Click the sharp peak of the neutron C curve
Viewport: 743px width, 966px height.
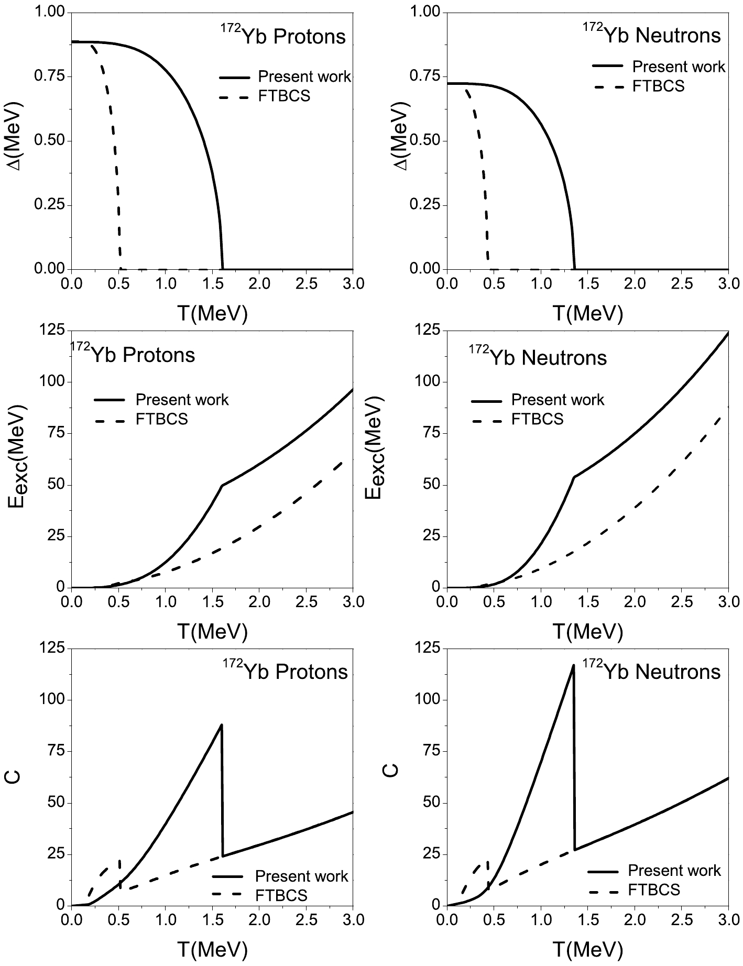573,665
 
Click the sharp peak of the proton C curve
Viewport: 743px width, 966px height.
222,725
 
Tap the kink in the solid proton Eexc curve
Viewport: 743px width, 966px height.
222,486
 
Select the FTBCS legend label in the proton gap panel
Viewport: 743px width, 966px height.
284,96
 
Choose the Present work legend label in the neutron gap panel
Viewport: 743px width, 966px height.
679,67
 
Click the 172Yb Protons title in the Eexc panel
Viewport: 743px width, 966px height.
133,355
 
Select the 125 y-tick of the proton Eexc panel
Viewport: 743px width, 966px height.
54,330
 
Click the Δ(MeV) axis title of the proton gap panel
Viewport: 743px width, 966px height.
15,141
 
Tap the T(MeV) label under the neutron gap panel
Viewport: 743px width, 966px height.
587,313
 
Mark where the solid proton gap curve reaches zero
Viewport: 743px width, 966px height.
223,268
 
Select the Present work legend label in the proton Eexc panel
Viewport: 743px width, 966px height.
182,400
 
